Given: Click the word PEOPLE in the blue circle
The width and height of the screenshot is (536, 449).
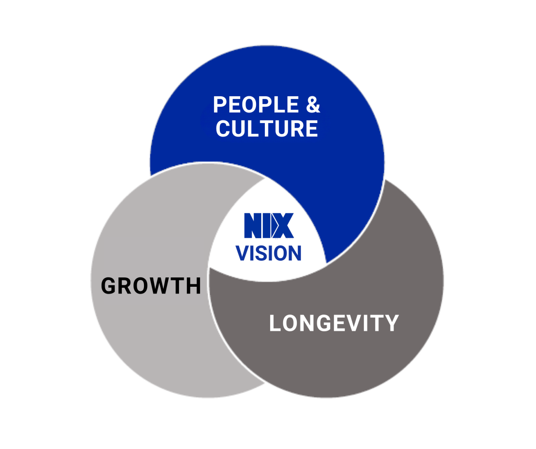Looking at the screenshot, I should [x=249, y=105].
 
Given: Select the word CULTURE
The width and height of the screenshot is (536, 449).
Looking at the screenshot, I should [x=266, y=129].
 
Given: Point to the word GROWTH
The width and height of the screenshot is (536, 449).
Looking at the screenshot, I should [x=151, y=286].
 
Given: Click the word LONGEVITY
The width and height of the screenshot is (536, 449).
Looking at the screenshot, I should [x=334, y=323].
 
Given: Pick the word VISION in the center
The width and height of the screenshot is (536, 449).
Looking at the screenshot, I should [x=269, y=253].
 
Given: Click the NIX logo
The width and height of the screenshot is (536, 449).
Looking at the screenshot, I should [x=267, y=226].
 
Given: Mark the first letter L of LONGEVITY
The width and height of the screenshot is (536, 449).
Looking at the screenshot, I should [x=275, y=323].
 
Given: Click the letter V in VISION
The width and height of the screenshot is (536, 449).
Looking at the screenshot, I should [x=242, y=253].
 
